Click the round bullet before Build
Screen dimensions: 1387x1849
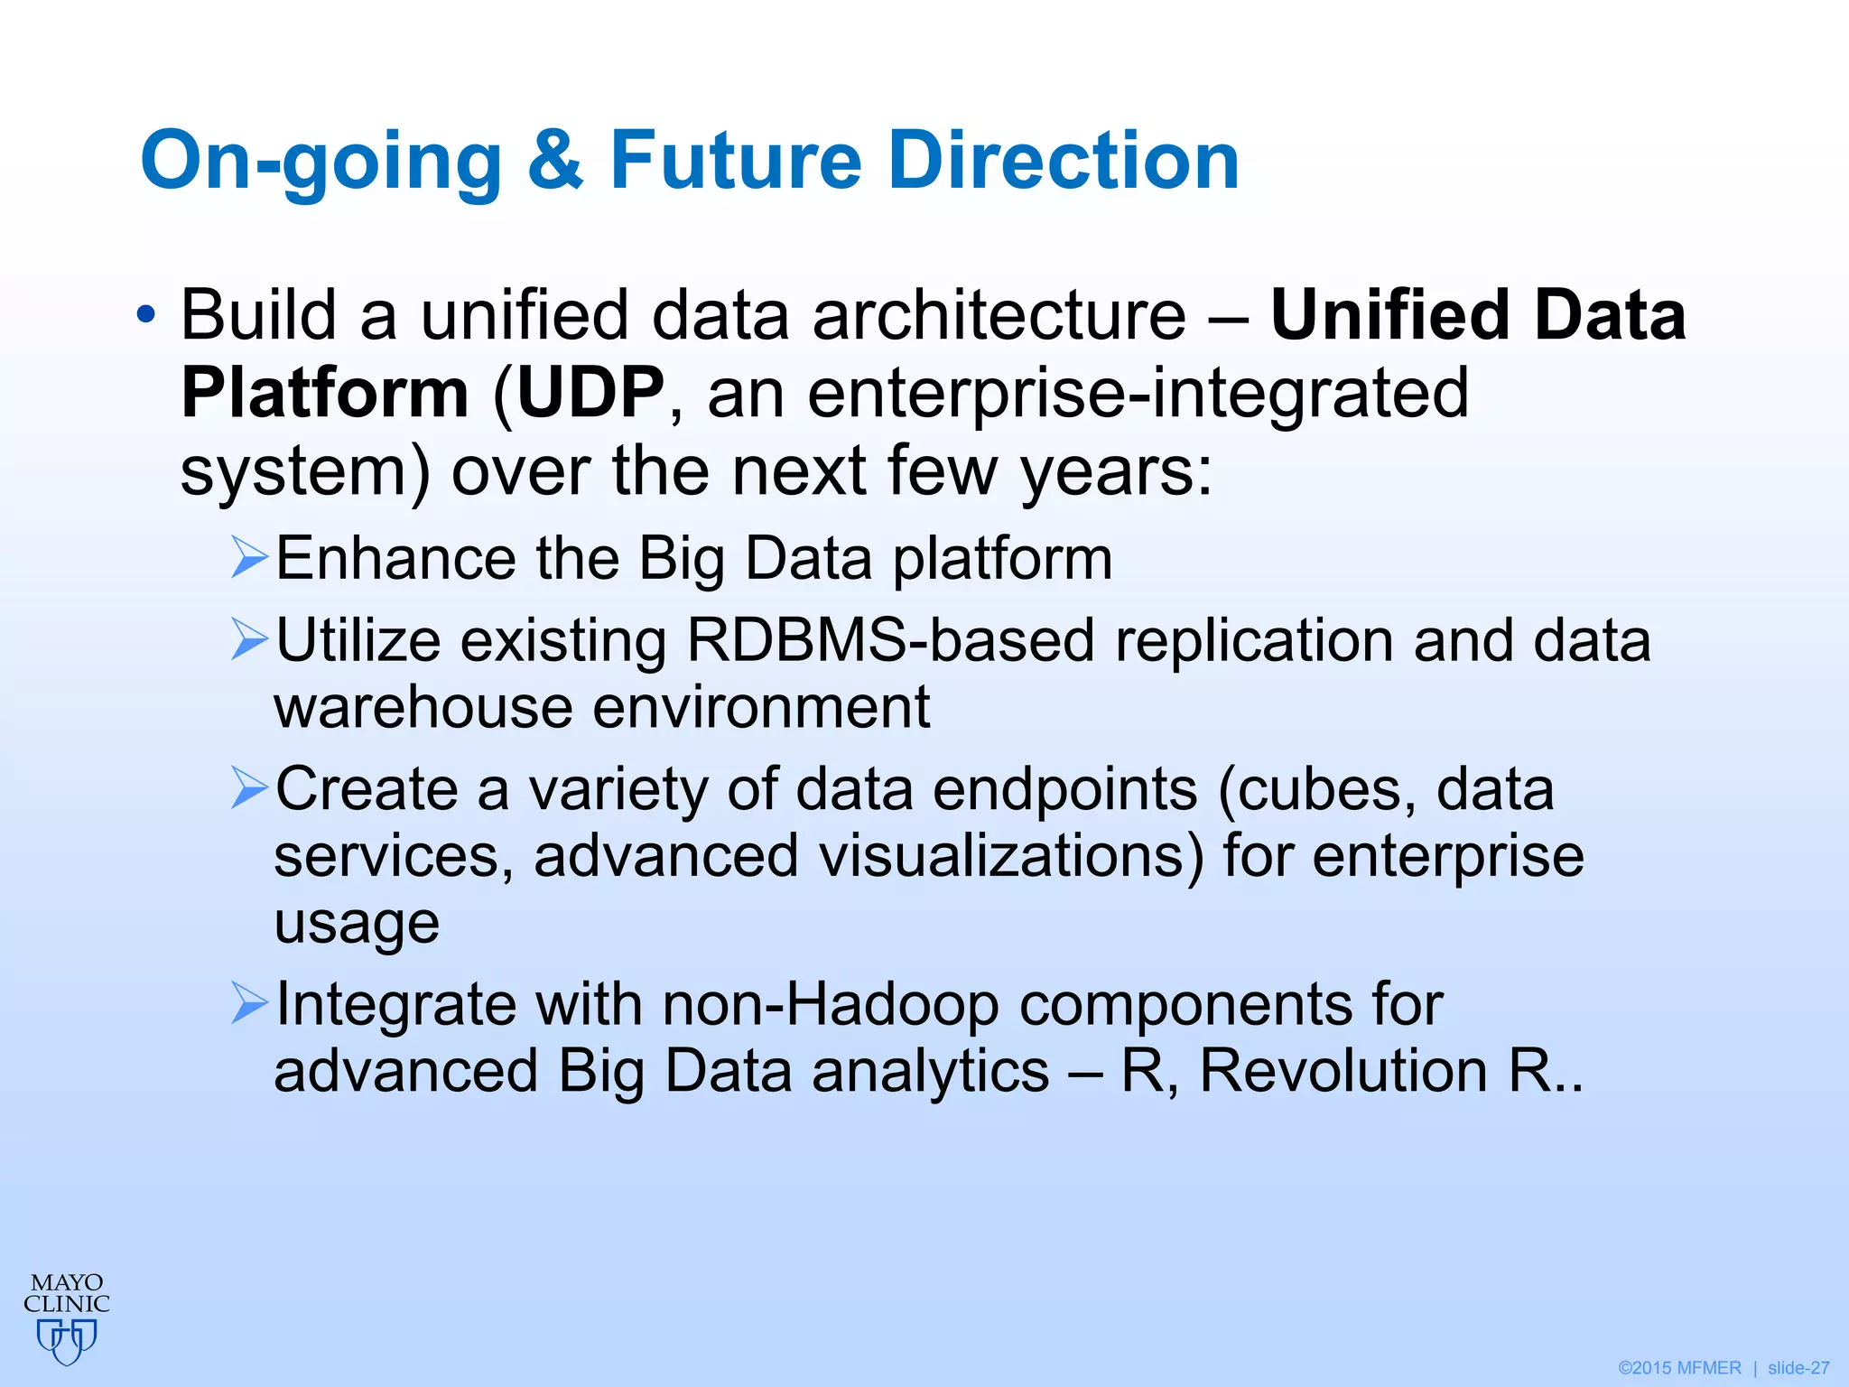point(145,316)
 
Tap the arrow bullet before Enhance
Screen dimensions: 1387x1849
point(249,557)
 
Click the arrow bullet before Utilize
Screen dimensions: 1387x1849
point(249,639)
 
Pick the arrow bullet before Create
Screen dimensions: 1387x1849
point(249,788)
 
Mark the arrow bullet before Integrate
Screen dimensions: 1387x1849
point(249,1003)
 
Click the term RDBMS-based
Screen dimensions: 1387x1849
point(889,640)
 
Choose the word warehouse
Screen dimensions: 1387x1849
point(423,707)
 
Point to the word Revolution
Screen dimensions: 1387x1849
point(1343,1071)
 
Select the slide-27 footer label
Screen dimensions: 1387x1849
point(1798,1368)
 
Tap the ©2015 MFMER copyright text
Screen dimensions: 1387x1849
point(1679,1368)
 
